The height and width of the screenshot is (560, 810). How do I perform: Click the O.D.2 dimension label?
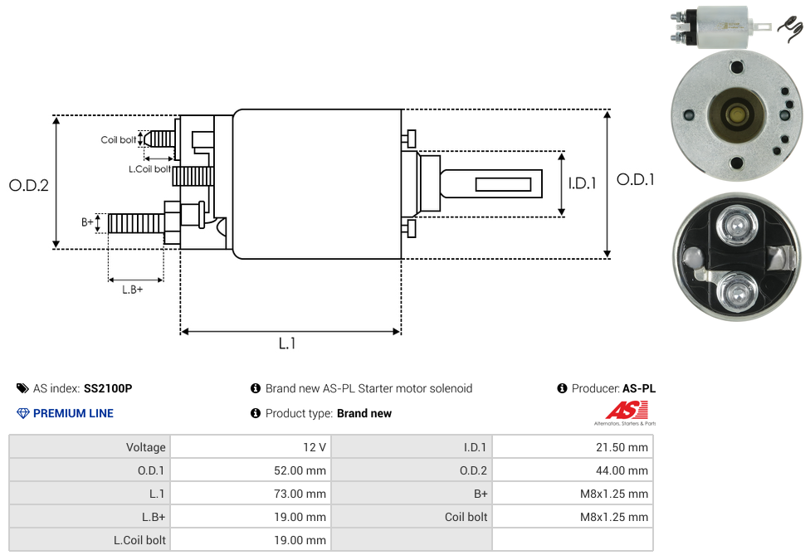click(29, 186)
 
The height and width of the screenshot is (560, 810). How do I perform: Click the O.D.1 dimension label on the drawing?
click(636, 179)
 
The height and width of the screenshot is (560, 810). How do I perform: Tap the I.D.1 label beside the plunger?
click(583, 184)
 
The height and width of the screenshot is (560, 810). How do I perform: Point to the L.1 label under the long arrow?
click(287, 343)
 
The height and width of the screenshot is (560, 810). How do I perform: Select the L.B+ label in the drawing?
click(133, 290)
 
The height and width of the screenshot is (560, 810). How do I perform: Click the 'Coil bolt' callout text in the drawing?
click(118, 139)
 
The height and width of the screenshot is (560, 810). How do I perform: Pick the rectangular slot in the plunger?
click(503, 183)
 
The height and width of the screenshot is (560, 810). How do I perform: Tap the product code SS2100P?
click(108, 388)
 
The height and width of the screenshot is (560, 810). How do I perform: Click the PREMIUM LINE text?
click(73, 413)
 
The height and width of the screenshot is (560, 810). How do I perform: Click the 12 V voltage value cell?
click(315, 447)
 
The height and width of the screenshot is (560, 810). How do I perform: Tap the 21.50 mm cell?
click(622, 447)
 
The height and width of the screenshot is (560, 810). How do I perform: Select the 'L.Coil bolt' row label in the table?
click(139, 540)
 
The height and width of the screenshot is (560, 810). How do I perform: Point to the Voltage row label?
click(146, 447)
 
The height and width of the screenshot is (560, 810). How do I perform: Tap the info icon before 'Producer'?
click(563, 388)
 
